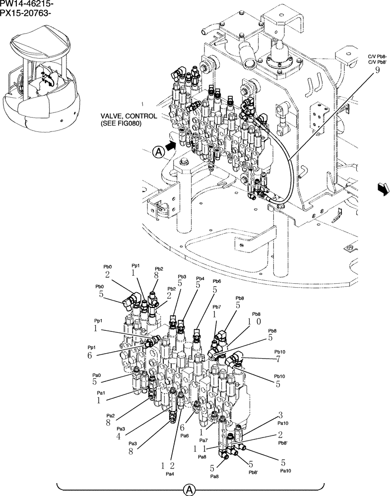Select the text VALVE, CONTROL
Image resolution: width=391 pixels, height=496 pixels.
(x=129, y=116)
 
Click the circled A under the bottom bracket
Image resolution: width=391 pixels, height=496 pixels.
(x=189, y=490)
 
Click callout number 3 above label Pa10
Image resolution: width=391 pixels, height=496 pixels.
(x=280, y=415)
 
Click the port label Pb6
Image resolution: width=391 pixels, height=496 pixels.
(x=216, y=281)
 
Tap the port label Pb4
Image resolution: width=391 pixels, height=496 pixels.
(x=200, y=278)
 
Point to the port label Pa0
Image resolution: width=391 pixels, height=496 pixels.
(x=96, y=375)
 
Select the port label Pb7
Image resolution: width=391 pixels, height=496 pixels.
(x=216, y=307)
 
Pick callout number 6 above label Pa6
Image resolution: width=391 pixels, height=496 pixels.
(x=182, y=428)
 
